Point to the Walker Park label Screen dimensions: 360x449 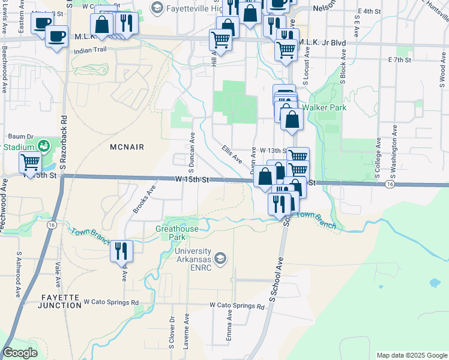(x=324, y=107)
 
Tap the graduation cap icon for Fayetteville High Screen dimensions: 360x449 (x=157, y=8)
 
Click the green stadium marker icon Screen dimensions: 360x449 (x=43, y=146)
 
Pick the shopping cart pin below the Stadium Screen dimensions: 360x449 (x=29, y=161)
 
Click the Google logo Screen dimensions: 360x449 (x=20, y=353)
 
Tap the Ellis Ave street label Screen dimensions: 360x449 (x=231, y=154)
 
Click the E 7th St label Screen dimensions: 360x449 (x=399, y=60)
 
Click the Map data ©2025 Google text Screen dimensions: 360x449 (x=411, y=355)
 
